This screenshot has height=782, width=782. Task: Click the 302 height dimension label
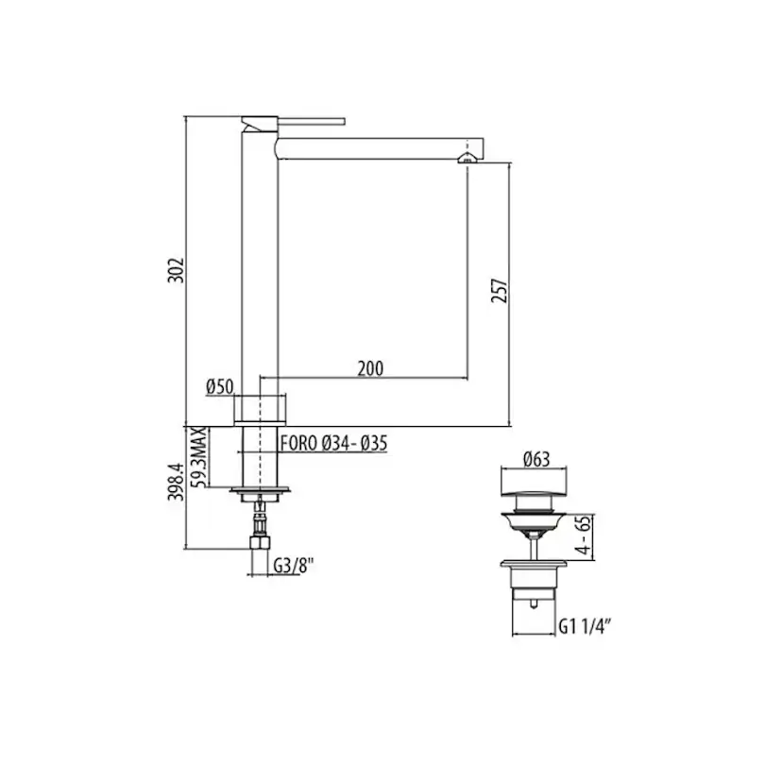(176, 270)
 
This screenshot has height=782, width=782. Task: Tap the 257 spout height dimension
(500, 291)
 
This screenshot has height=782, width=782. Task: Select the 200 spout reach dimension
(370, 368)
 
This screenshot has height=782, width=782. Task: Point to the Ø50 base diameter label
(219, 386)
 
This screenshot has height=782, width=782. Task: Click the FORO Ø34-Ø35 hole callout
(333, 443)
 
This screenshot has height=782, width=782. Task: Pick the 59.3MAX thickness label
(199, 457)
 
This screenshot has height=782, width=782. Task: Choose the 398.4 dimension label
(176, 482)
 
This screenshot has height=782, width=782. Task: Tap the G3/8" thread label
(293, 566)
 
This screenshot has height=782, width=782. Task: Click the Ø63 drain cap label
(536, 459)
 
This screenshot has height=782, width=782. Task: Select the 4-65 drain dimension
(583, 536)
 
